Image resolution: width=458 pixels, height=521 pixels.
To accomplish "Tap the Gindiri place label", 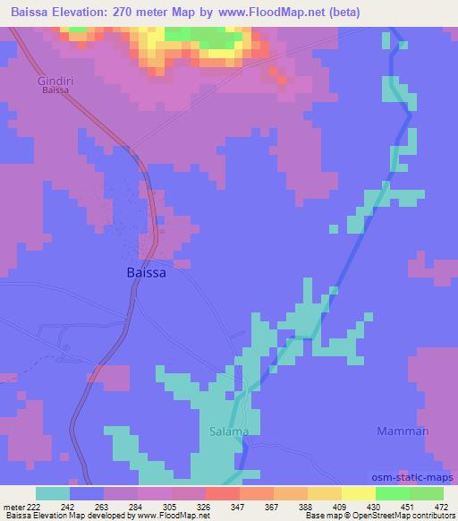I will click(56, 81).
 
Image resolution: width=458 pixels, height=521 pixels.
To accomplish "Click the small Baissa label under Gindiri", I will click(55, 90).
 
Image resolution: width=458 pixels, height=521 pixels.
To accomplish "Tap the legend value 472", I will click(439, 506).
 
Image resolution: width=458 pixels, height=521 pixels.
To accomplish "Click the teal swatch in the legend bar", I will click(53, 493).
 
